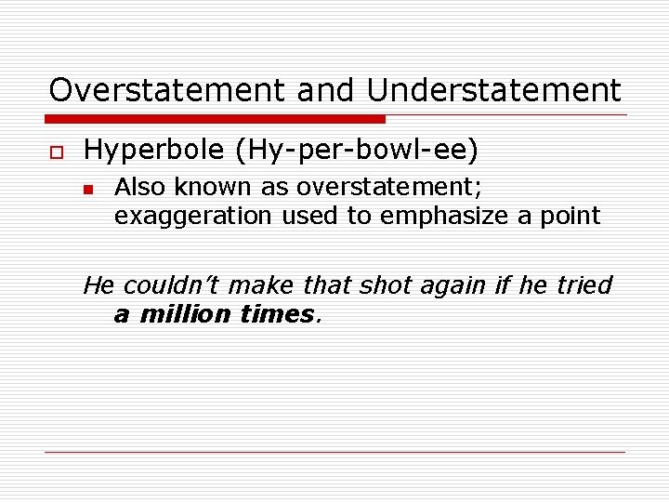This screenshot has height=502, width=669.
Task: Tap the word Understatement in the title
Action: click(x=493, y=90)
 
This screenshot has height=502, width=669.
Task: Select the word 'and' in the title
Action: click(x=327, y=90)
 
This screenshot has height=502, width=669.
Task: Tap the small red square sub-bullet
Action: click(x=88, y=189)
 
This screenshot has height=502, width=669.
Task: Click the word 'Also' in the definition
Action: click(x=138, y=187)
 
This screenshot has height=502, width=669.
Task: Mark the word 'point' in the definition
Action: click(x=574, y=217)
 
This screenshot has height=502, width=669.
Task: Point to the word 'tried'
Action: click(x=584, y=285)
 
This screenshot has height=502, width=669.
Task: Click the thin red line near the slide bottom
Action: click(x=334, y=452)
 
